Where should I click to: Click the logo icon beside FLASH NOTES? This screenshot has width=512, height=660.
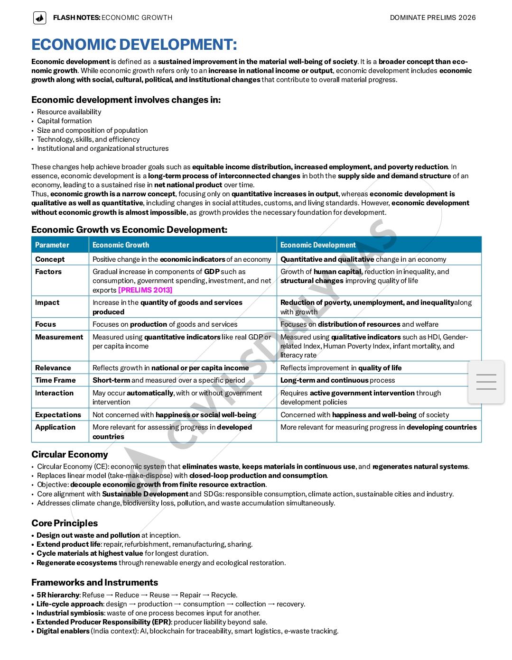40,18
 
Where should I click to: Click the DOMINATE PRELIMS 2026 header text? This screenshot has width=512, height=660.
432,18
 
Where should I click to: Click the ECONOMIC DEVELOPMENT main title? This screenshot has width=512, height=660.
134,45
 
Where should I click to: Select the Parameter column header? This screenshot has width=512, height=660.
52,245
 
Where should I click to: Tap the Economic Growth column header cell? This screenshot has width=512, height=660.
121,245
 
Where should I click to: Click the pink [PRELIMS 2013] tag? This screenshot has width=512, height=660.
145,290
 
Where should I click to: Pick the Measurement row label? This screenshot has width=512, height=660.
59,337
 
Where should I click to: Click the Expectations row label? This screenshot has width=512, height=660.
58,415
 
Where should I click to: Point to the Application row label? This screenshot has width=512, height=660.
55,427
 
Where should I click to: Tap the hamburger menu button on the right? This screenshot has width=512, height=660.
486,382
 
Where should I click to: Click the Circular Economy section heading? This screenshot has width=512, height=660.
70,454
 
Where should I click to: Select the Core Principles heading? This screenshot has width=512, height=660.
65,523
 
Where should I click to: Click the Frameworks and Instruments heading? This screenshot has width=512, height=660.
94,582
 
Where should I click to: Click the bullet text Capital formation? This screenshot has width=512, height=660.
65,121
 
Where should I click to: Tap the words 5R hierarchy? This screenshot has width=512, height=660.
58,595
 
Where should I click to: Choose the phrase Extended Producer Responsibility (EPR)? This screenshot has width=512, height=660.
104,622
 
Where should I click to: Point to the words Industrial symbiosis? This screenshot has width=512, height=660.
70,613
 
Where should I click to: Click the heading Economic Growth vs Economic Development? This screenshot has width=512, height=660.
129,229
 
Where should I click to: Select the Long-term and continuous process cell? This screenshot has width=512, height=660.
337,380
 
